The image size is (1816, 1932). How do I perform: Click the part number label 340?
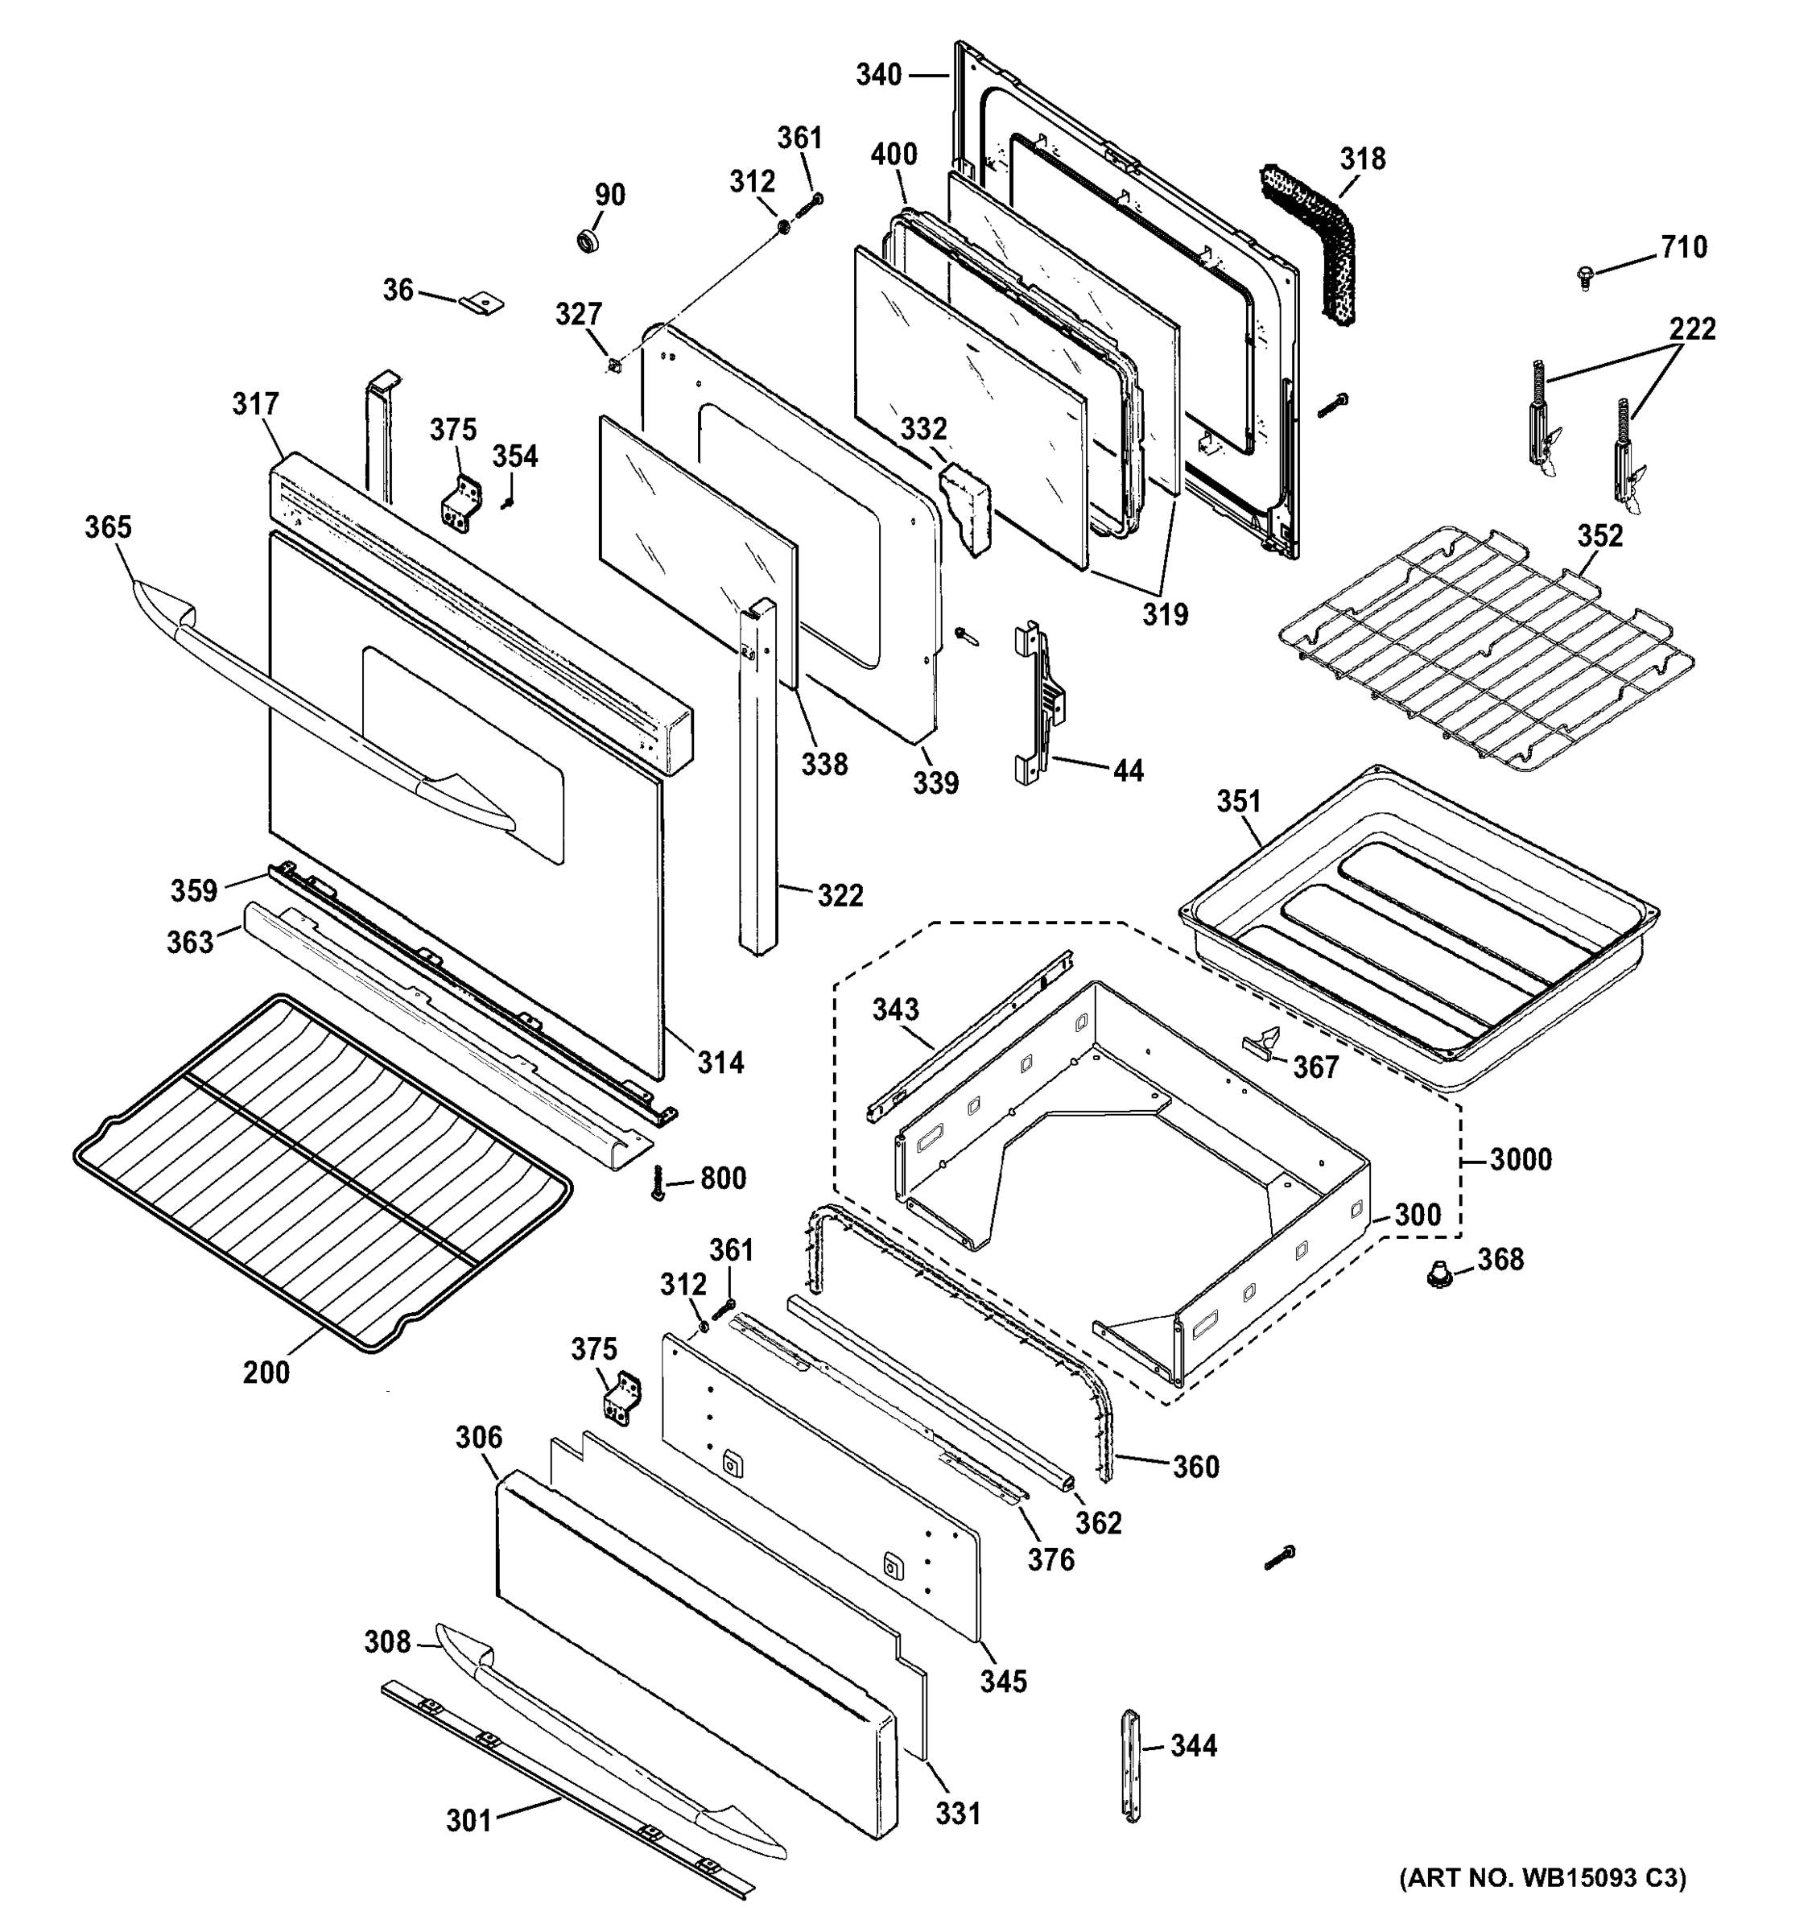877,75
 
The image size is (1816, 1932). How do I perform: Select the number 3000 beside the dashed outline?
1521,1158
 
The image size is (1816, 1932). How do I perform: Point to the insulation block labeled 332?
965,506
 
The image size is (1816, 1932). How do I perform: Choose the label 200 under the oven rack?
266,1373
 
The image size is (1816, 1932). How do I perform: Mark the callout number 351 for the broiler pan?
1239,801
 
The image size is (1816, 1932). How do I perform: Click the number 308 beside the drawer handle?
388,1641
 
